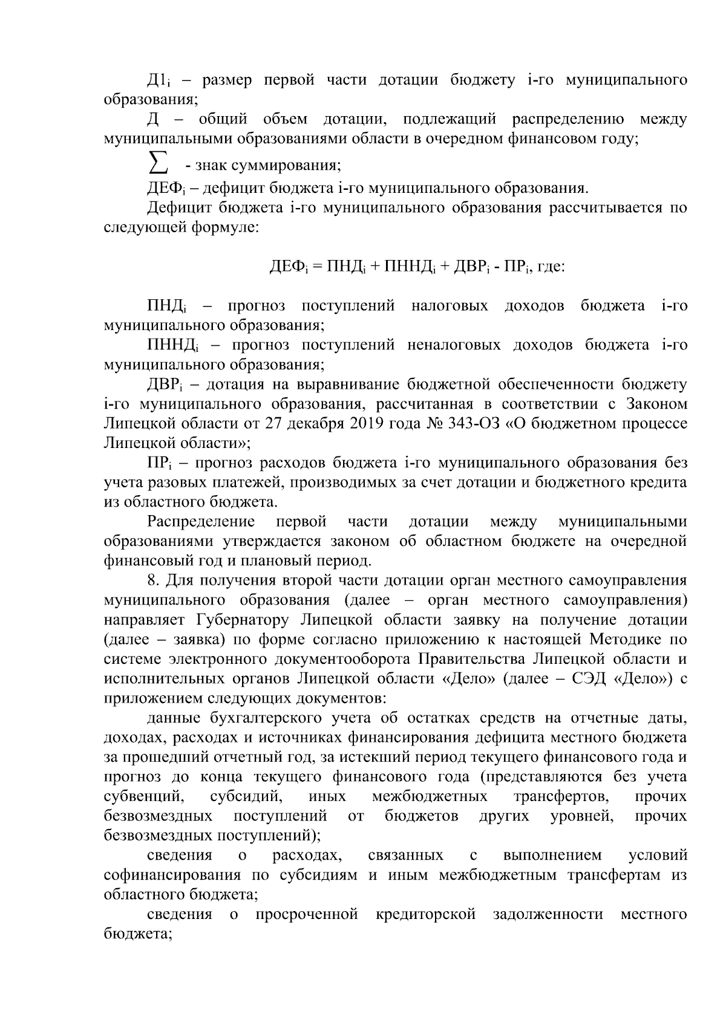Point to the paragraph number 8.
(x=152, y=581)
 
